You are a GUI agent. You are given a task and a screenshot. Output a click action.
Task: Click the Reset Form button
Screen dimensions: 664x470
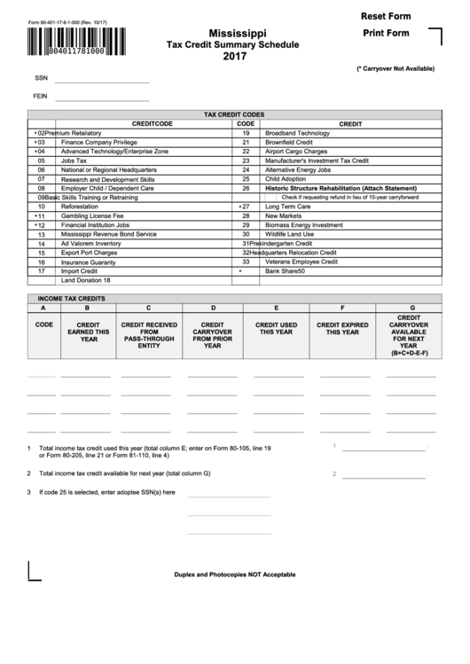[387, 17]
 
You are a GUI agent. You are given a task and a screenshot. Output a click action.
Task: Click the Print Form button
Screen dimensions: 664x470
[386, 34]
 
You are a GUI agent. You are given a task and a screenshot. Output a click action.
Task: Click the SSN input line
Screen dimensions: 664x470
[103, 79]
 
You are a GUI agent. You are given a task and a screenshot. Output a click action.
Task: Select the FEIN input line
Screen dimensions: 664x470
[103, 96]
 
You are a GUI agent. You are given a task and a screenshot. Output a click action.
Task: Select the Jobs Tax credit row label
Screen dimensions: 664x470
[74, 160]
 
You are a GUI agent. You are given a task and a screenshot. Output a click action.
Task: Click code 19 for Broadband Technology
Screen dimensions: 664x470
[246, 133]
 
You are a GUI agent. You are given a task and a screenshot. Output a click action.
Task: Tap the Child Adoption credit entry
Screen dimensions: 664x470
[286, 179]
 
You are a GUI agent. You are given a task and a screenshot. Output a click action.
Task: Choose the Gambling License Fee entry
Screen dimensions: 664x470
[92, 215]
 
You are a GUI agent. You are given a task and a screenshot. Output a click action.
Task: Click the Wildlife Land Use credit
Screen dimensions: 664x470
[290, 234]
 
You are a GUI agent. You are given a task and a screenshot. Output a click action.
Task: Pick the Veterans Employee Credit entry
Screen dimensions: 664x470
[302, 262]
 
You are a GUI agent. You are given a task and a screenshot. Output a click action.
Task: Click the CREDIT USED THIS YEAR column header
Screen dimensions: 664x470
[277, 329]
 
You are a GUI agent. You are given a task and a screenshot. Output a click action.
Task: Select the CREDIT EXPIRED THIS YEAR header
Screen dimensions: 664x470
[342, 329]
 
